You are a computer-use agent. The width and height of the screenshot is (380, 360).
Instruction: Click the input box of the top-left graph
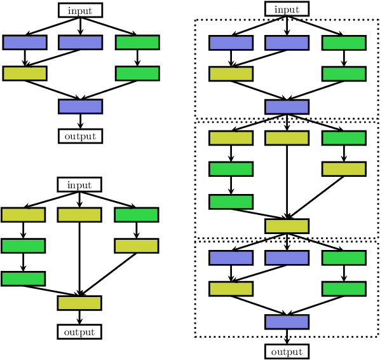(80, 10)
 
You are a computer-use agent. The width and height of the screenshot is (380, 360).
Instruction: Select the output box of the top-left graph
(80, 136)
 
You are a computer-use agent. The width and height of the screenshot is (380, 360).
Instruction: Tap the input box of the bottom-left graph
(79, 184)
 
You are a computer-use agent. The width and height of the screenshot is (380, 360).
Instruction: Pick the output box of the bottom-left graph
(79, 331)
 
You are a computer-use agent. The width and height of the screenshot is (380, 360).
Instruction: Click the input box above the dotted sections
(287, 9)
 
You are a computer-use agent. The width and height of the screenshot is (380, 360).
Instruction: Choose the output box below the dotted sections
(287, 352)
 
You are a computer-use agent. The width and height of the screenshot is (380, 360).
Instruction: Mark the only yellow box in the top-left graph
(25, 73)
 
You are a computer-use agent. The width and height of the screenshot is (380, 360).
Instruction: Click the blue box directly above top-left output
(80, 106)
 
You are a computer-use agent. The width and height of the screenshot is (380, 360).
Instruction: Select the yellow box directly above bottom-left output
(79, 303)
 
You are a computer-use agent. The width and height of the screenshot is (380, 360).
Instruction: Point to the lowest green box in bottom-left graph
(23, 279)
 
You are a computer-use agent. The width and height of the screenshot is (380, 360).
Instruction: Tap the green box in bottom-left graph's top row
(136, 215)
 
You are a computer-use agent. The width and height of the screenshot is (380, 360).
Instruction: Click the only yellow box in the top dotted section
(231, 74)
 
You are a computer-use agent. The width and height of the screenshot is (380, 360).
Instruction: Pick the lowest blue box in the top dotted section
(287, 107)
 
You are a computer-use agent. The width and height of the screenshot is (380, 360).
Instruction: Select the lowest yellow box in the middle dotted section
(287, 226)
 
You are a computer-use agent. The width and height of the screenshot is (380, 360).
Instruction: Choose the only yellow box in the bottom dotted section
(231, 289)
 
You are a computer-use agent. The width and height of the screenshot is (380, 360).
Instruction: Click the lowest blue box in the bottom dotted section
(287, 322)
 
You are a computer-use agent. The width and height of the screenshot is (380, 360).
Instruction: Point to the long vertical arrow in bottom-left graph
(79, 258)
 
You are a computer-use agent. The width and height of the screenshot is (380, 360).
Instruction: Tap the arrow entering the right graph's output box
(287, 337)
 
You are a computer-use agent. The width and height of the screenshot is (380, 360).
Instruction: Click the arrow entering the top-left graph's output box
(80, 121)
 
